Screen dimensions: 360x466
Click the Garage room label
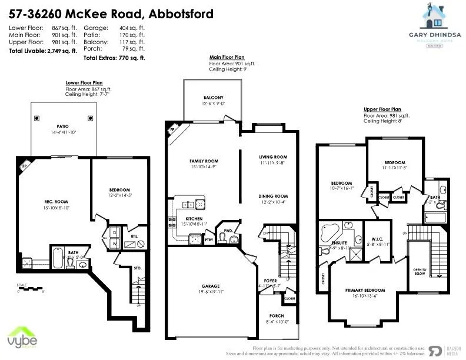[x=211, y=287]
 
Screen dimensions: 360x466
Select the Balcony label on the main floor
[x=213, y=98]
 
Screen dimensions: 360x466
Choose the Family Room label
[x=204, y=161]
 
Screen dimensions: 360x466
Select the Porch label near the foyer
[x=277, y=316]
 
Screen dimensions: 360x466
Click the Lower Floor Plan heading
[x=84, y=83]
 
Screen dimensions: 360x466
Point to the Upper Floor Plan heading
[x=383, y=109]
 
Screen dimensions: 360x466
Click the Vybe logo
[x=22, y=339]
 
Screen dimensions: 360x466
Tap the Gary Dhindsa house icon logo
[x=438, y=16]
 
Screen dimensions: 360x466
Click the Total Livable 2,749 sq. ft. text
[x=43, y=51]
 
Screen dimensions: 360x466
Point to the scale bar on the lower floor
[x=31, y=288]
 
